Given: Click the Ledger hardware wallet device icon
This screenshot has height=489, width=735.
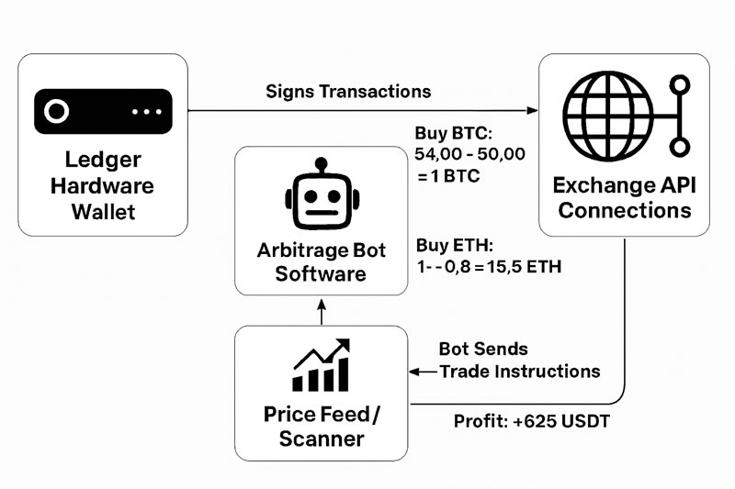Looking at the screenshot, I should click(103, 112).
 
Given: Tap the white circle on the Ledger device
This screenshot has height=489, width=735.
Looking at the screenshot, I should click(56, 112).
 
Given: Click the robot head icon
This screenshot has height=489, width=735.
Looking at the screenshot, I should click(320, 198).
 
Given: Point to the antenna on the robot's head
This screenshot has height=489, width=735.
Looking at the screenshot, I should click(320, 165).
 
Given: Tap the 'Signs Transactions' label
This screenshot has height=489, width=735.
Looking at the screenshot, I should click(348, 92).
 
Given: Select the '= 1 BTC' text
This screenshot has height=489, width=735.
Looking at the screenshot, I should click(449, 174).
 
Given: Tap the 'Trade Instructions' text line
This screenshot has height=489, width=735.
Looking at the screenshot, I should click(520, 372).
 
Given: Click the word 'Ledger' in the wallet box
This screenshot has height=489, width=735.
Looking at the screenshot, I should click(103, 160).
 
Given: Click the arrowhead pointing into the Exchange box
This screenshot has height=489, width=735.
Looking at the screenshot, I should click(532, 112).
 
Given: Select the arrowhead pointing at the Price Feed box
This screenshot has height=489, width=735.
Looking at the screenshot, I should click(414, 372).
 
